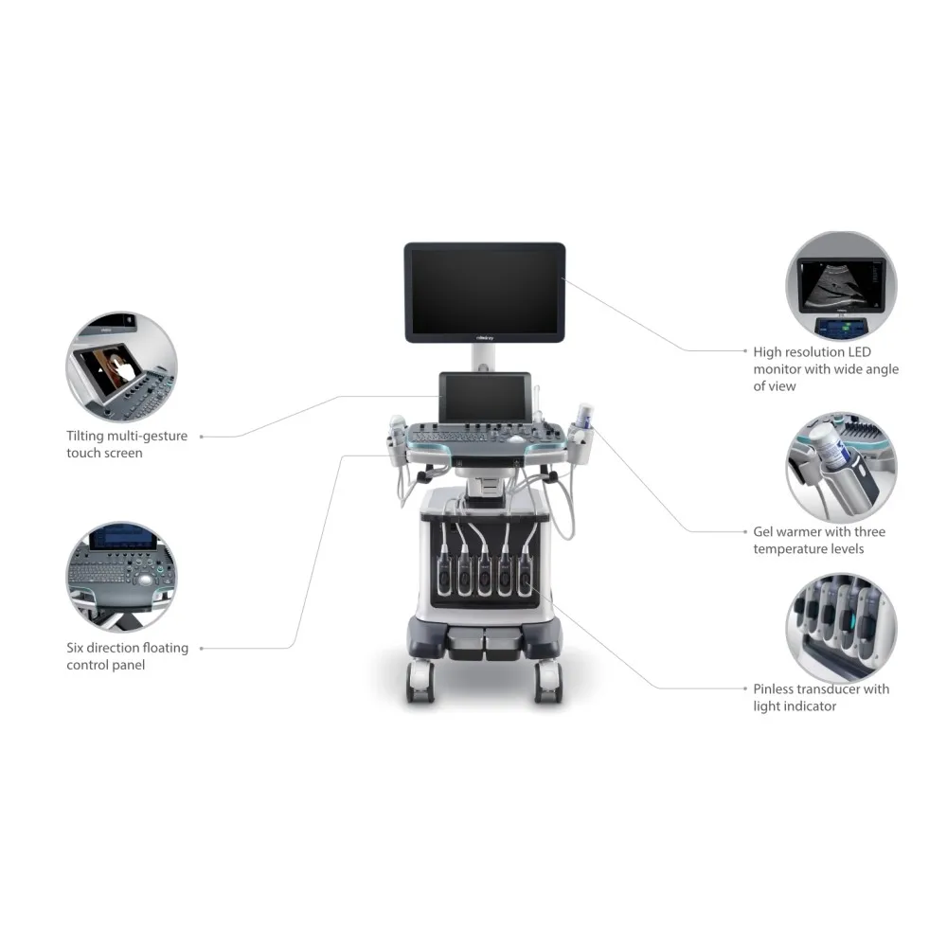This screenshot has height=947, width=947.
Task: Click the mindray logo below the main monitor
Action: tap(484, 335)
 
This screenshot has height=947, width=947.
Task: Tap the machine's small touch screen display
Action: tap(484, 398)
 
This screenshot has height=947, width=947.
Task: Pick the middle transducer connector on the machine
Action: tap(484, 573)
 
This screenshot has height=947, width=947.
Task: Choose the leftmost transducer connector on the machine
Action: tap(442, 573)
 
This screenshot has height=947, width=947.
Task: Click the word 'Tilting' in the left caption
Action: tap(86, 436)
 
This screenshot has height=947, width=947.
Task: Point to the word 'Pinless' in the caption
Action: tap(777, 689)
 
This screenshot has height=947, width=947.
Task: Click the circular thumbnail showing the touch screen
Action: tap(121, 367)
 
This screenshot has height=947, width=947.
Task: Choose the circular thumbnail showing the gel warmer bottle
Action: tap(841, 468)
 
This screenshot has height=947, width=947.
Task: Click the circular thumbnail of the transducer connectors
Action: tap(841, 626)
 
